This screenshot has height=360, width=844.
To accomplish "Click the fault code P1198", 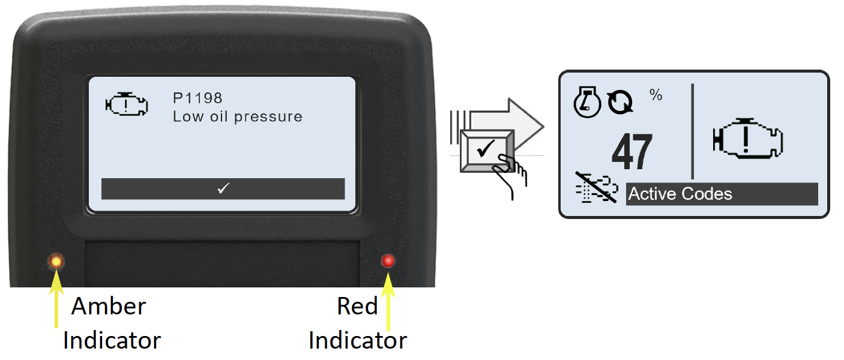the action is [x=197, y=98].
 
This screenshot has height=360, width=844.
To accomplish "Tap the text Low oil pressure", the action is [x=237, y=117].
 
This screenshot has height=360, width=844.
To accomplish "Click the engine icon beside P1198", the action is [x=127, y=104].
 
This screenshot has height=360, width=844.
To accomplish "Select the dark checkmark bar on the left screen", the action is [x=223, y=188].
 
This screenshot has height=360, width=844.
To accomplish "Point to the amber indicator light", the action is [x=56, y=261].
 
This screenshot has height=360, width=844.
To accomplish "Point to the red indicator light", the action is [x=388, y=260].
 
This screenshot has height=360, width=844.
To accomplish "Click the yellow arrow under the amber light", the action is [x=56, y=299].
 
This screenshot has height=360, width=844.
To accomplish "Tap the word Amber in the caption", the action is [x=109, y=306].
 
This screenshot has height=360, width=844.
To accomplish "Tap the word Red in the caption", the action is [x=357, y=306].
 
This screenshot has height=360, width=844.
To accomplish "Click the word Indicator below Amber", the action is [x=112, y=340].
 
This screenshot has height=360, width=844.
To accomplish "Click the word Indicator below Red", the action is [x=358, y=340].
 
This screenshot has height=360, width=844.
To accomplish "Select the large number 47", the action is [x=632, y=152].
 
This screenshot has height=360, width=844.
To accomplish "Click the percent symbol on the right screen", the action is [x=656, y=95].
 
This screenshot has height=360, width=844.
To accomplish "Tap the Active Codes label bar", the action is [x=722, y=194].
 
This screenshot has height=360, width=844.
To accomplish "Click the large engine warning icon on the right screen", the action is [x=748, y=138].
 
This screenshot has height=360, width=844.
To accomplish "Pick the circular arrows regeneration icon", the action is [x=620, y=102].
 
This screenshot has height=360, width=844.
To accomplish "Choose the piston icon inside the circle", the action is [x=587, y=102].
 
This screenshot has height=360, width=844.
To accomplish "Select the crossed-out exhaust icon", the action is [x=597, y=188].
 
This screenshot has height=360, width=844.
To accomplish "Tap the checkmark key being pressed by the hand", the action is [x=486, y=151].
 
